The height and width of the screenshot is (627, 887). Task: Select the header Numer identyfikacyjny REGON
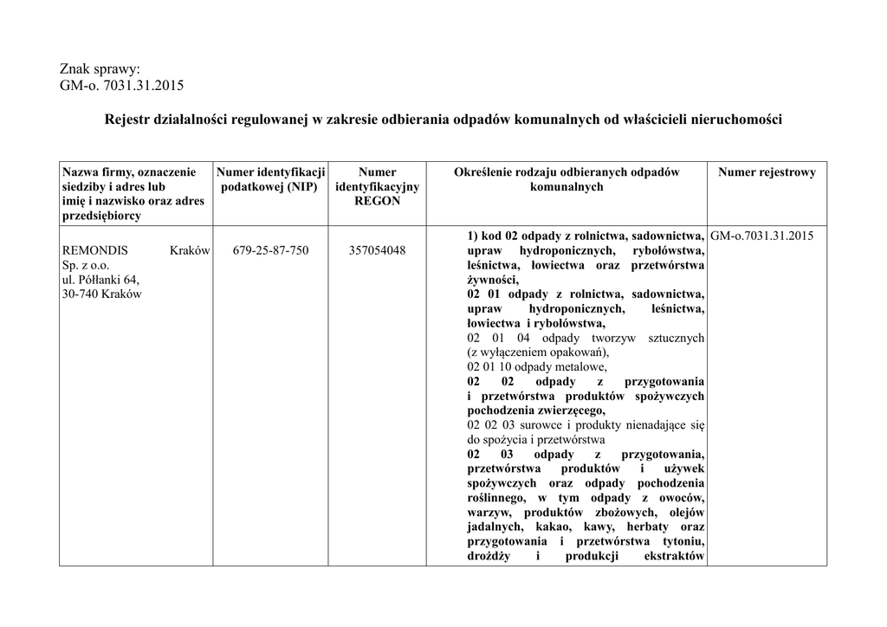(377, 186)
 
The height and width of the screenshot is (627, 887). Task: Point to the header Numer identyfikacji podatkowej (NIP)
(270, 179)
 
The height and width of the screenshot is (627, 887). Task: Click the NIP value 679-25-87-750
(270, 250)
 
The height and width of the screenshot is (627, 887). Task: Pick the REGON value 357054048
(377, 250)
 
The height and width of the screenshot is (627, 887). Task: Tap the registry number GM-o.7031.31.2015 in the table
(761, 236)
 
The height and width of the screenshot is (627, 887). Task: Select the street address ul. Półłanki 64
(100, 280)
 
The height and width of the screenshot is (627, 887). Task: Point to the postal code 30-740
(78, 294)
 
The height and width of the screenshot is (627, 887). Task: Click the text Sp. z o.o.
(83, 265)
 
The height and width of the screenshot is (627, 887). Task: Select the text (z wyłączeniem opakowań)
(538, 352)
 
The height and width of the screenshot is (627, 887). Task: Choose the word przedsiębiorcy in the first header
(100, 216)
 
